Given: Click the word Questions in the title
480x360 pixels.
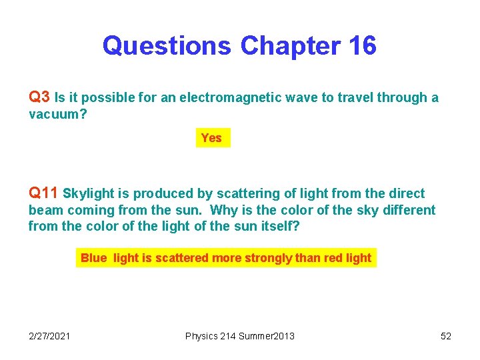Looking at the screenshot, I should (167, 46).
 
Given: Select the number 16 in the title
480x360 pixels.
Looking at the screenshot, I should (361, 46).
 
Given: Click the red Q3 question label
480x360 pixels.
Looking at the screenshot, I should (39, 97).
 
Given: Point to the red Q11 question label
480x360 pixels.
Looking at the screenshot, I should (43, 193).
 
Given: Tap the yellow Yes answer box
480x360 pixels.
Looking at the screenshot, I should (212, 138).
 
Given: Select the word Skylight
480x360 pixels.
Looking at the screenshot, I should (90, 194).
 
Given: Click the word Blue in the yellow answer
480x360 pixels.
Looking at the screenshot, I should (93, 258).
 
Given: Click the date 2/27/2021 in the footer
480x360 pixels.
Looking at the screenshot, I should (49, 336).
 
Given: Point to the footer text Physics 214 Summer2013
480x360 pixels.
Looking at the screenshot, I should (239, 336).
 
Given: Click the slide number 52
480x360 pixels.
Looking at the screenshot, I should (446, 336).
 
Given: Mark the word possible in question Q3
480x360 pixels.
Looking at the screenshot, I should (107, 98).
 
